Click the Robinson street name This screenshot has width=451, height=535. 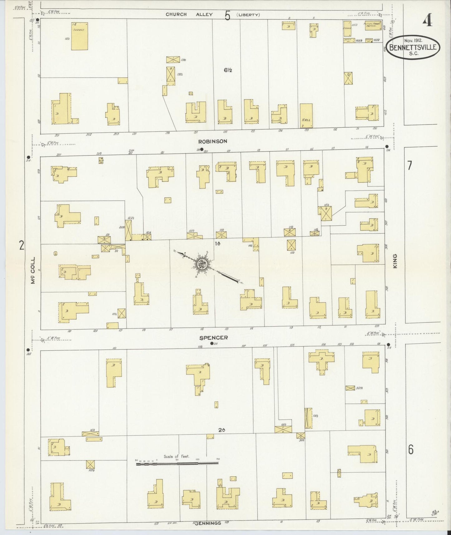(213, 141)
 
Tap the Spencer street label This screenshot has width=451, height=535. (213, 337)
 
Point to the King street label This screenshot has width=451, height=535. (395, 261)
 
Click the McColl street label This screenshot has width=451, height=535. (33, 270)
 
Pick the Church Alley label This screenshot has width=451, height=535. (189, 14)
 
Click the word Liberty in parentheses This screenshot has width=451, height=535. (248, 15)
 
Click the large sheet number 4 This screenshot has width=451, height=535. (427, 21)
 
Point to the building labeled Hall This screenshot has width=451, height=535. (306, 116)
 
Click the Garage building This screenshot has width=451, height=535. (79, 36)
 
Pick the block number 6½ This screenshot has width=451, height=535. (228, 70)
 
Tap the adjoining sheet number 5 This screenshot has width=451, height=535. (227, 15)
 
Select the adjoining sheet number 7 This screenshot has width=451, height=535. (410, 165)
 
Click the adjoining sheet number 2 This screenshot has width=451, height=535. (21, 246)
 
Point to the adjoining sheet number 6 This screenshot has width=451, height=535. (411, 450)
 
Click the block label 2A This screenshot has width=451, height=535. (222, 430)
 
